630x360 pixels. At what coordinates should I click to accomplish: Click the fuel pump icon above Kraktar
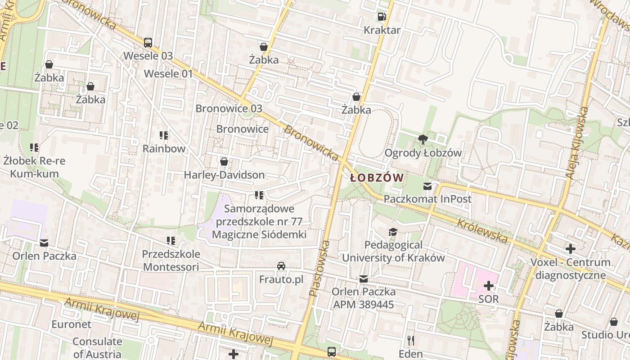382,17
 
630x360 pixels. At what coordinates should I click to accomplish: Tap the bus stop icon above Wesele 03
148,43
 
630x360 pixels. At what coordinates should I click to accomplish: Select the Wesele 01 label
168,74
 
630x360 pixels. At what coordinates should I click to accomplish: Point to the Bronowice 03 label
229,108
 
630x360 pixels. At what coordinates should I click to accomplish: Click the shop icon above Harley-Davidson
224,162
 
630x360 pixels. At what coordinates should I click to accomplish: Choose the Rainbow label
164,148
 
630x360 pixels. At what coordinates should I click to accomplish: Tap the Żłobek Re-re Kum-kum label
34,167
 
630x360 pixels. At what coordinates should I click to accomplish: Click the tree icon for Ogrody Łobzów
423,139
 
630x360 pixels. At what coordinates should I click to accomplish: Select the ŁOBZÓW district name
377,178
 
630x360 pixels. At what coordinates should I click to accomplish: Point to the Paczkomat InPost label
427,199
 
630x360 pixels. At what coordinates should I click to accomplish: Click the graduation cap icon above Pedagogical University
393,232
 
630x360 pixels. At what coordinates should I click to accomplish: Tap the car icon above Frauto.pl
281,266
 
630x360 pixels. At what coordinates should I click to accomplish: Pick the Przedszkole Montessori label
171,261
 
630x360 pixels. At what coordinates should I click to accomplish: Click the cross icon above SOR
489,286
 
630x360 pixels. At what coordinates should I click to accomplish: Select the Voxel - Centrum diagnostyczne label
571,269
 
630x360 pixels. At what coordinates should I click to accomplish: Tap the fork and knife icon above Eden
410,340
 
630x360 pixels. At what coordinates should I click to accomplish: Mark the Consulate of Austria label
97,348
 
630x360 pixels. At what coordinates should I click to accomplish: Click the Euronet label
71,324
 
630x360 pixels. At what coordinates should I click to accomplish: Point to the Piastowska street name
319,268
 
